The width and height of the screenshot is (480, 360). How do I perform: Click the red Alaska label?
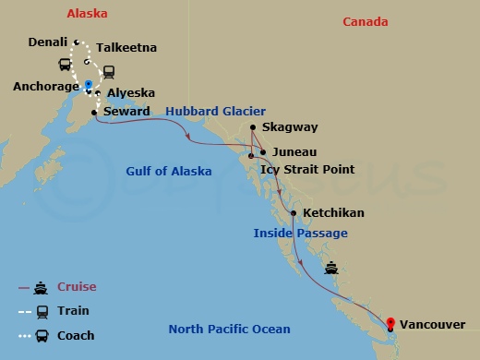click(88, 14)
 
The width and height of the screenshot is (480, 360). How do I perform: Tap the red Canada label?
click(365, 22)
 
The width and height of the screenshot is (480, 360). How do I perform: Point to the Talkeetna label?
click(126, 48)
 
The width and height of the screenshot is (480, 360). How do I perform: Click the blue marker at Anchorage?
click(88, 85)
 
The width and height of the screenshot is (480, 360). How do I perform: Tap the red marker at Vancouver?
click(390, 323)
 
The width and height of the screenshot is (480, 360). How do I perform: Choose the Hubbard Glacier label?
click(209, 112)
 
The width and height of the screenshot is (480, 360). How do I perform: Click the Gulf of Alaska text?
click(169, 172)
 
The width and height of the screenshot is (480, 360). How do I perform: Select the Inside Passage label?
click(300, 234)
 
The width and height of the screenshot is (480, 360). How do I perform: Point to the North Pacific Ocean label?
click(229, 330)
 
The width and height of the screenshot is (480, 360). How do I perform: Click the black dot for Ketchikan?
click(294, 213)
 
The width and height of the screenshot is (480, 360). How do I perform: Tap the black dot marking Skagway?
click(253, 127)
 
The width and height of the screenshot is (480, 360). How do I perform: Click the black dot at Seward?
click(94, 113)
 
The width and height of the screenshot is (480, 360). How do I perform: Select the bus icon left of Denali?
click(66, 65)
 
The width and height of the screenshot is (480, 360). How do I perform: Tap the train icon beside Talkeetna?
click(108, 70)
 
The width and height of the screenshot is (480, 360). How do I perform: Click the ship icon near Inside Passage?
click(332, 270)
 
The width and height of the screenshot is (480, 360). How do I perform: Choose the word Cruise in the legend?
click(77, 287)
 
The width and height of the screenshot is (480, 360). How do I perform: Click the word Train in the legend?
click(73, 311)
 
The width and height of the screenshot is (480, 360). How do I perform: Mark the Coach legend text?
click(76, 335)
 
